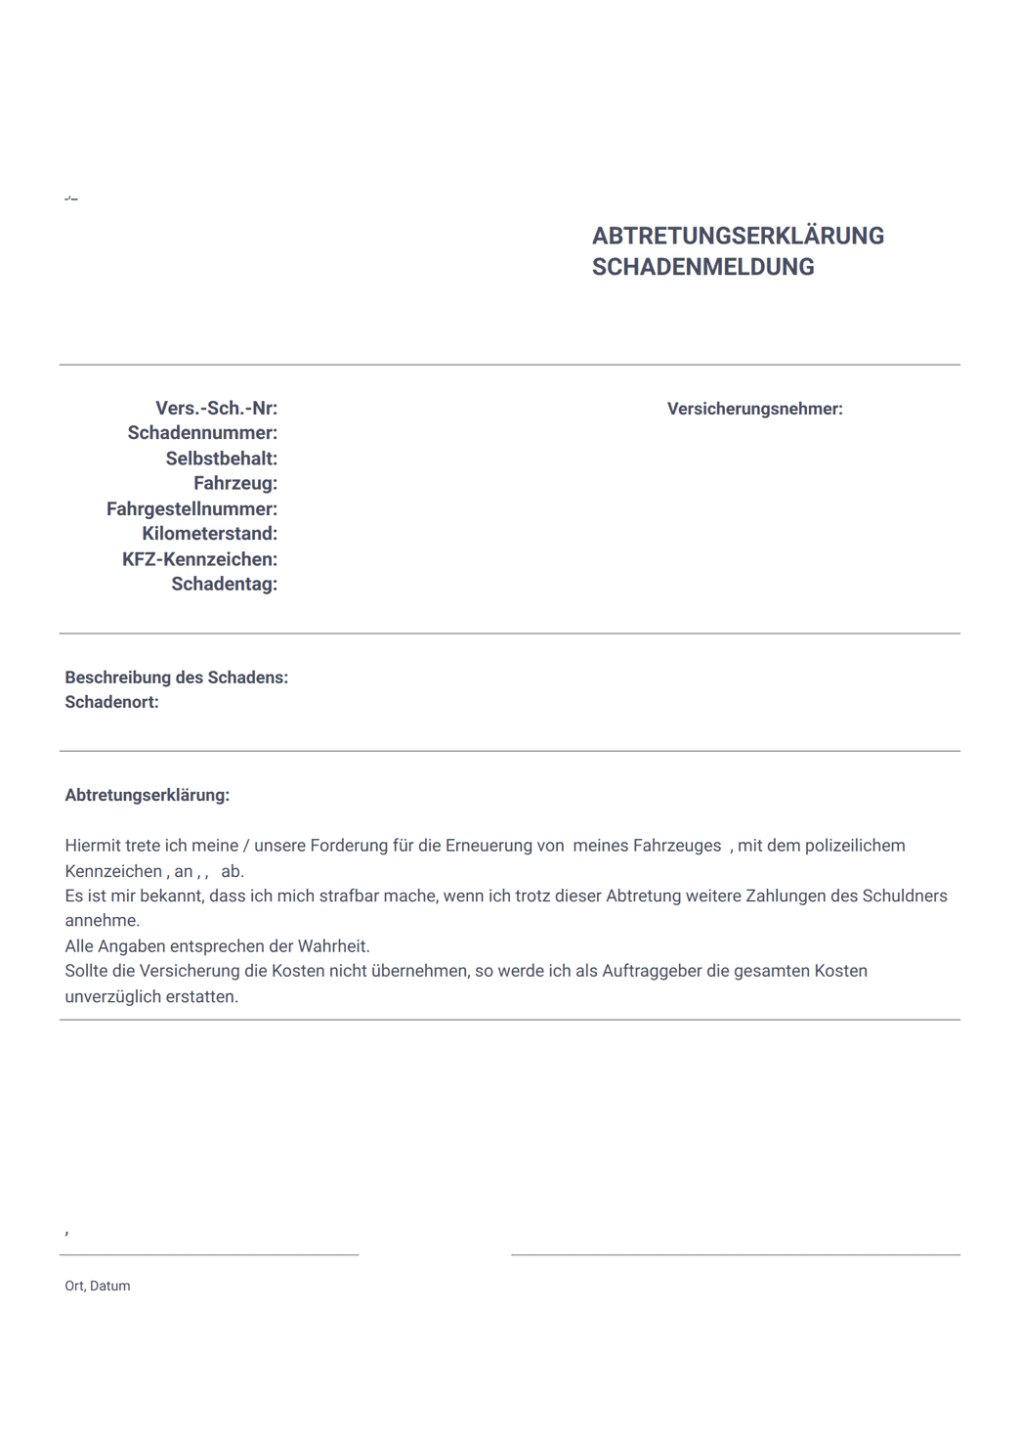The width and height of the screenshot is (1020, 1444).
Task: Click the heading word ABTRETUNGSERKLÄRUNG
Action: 738,236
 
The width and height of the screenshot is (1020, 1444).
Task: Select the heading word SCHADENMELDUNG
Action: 702,267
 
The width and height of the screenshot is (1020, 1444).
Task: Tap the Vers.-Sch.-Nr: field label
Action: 216,409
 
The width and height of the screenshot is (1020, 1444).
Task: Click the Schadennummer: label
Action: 202,433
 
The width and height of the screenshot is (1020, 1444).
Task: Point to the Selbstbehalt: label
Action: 221,459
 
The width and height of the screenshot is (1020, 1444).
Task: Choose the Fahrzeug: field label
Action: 234,483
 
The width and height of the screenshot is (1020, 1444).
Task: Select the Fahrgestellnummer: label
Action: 191,508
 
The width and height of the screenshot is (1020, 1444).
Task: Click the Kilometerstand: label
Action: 209,534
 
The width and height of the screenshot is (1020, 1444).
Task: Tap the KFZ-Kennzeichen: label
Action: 199,559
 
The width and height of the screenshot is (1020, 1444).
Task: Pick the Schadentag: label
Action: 224,584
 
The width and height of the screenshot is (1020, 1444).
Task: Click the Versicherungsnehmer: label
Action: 754,409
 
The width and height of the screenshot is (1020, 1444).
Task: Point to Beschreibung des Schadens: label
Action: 176,678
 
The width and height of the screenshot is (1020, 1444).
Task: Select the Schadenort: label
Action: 111,702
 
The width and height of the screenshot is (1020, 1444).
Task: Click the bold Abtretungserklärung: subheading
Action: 147,795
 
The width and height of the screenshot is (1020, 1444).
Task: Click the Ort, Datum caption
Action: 97,1286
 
